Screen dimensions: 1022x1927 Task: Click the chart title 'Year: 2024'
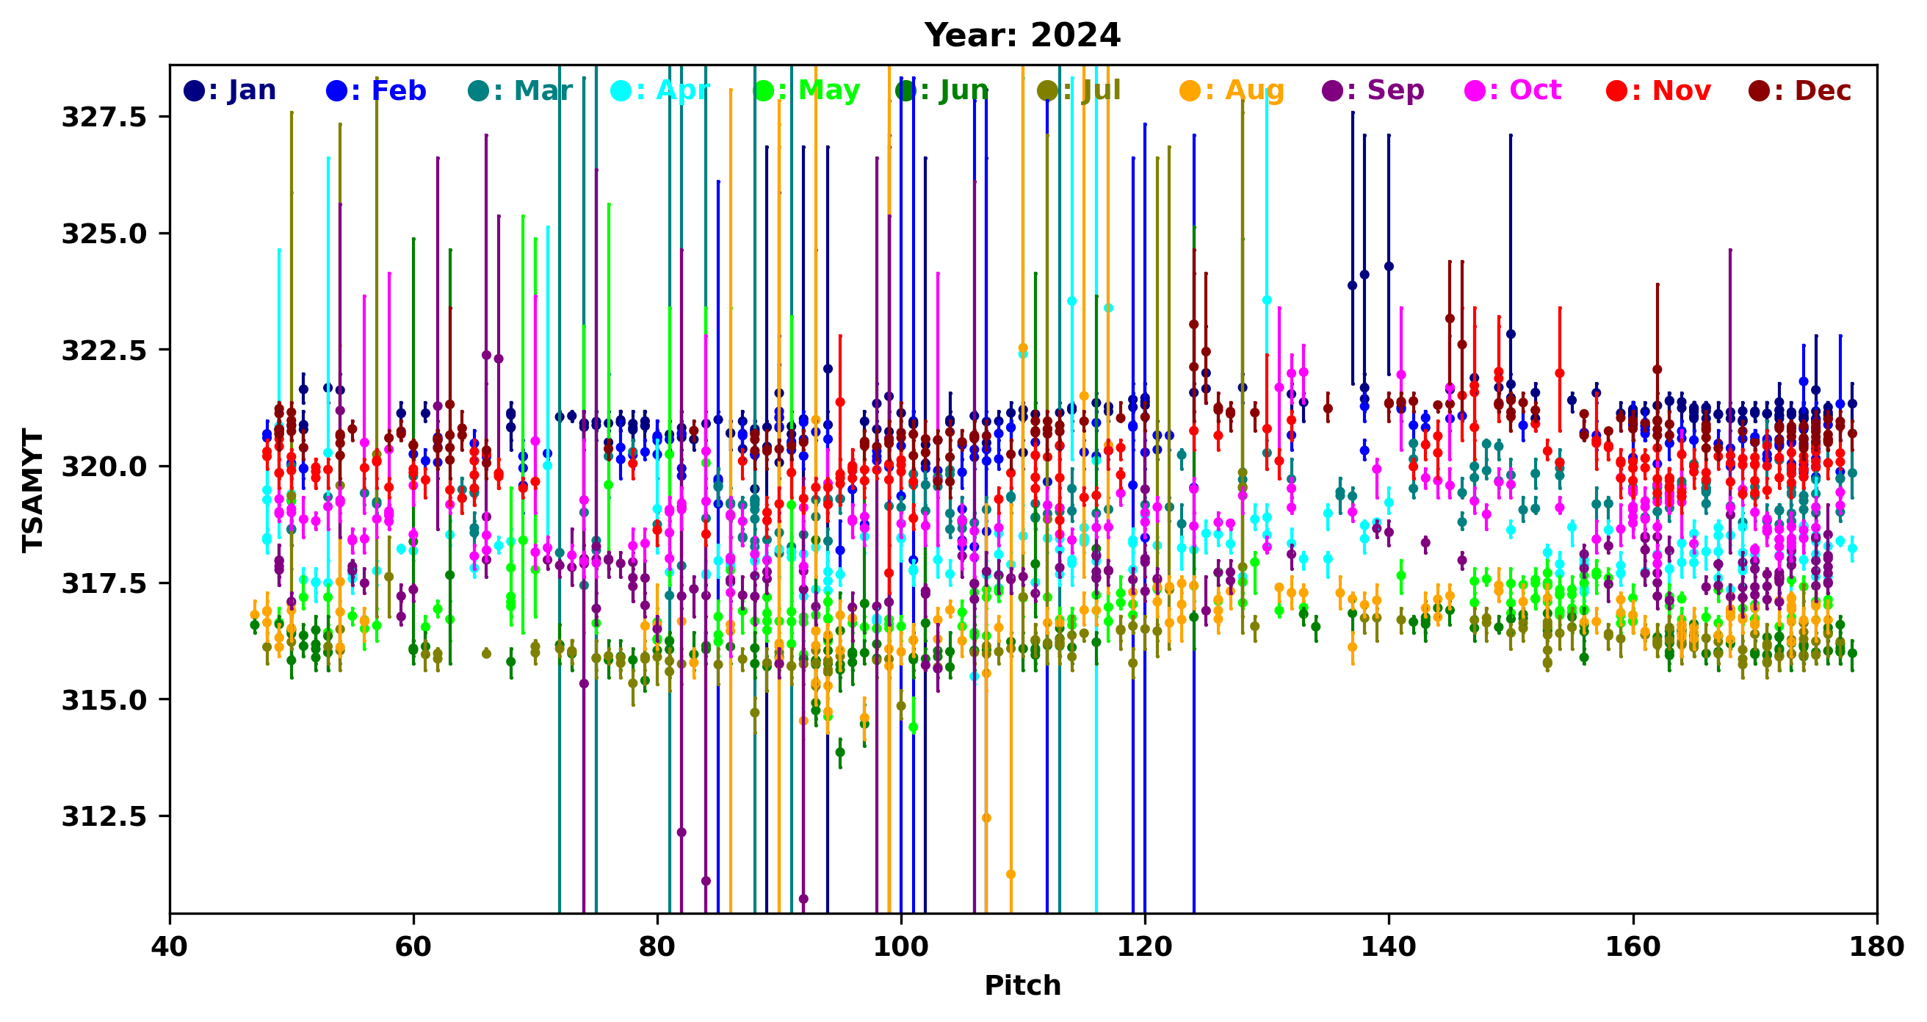coord(1022,35)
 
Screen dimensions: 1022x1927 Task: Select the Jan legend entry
coord(231,91)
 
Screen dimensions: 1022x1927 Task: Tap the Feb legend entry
coord(376,91)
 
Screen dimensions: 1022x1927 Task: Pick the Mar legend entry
coord(521,91)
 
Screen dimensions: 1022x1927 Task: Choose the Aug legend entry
coord(1232,91)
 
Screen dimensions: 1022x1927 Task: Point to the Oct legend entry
coord(1514,91)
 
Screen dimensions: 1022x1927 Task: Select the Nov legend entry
coord(1658,91)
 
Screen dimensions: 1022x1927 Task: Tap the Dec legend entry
coord(1800,91)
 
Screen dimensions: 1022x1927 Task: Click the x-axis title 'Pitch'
coord(1022,985)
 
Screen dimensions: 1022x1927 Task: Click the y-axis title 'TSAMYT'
coord(33,490)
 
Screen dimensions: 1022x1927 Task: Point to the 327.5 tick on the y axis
coord(104,118)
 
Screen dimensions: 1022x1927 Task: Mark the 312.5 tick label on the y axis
coord(104,817)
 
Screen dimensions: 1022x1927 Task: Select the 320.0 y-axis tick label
coord(104,467)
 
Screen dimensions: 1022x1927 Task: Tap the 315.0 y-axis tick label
coord(104,700)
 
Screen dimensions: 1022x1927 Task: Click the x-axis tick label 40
coord(170,947)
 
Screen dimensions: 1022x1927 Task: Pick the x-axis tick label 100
coord(900,947)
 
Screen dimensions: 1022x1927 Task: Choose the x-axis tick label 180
coord(1877,947)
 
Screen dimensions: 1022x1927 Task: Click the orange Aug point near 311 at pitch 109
coord(1010,874)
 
